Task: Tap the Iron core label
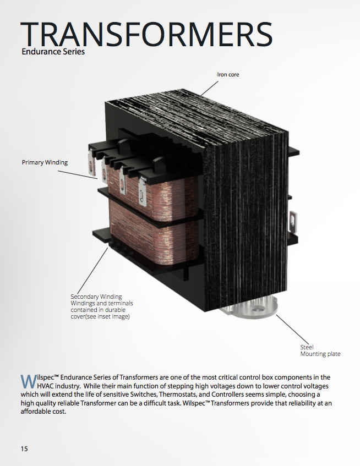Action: coord(228,74)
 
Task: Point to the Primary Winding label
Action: coord(45,162)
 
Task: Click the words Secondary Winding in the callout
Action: coord(96,297)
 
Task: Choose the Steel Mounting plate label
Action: coord(320,350)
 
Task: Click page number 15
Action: coord(24,448)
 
